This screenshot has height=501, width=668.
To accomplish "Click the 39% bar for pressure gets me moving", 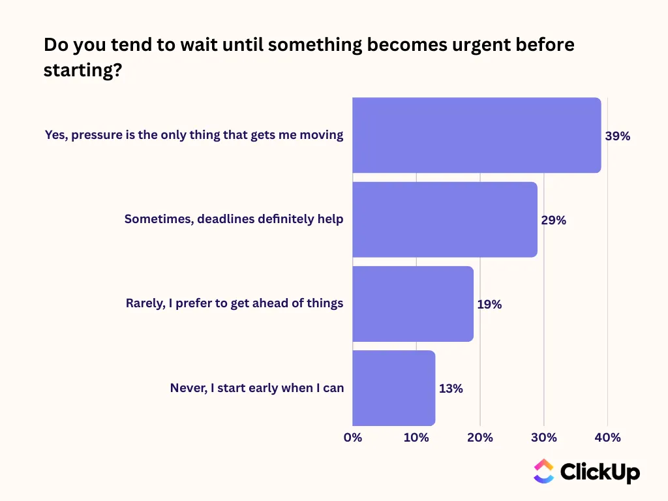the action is point(477,135).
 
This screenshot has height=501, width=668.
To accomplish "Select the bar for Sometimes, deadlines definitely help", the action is point(445,219).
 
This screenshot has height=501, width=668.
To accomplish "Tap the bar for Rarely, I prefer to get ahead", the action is point(413,304).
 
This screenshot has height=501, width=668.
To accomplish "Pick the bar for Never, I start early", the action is point(393,388).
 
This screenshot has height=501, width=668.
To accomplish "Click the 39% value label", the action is point(617,136).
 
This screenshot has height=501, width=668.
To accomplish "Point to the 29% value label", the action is point(553,220).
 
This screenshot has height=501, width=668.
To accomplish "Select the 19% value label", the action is point(489,305).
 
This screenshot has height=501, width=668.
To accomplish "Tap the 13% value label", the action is point(451,389).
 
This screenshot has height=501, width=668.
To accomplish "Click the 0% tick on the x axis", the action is point(353,438).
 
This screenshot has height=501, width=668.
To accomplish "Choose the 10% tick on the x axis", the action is point(416,438).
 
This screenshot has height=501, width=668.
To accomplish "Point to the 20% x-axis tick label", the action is point(480,438).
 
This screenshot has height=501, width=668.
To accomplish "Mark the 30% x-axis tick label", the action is point(544,438).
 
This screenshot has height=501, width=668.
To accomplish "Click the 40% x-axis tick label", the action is point(607,438).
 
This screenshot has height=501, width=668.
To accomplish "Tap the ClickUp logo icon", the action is point(543,471).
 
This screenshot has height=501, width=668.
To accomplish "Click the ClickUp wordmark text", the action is point(600,472).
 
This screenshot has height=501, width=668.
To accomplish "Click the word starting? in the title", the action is point(83,70).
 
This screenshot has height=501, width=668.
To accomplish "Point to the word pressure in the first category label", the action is point(97,136).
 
